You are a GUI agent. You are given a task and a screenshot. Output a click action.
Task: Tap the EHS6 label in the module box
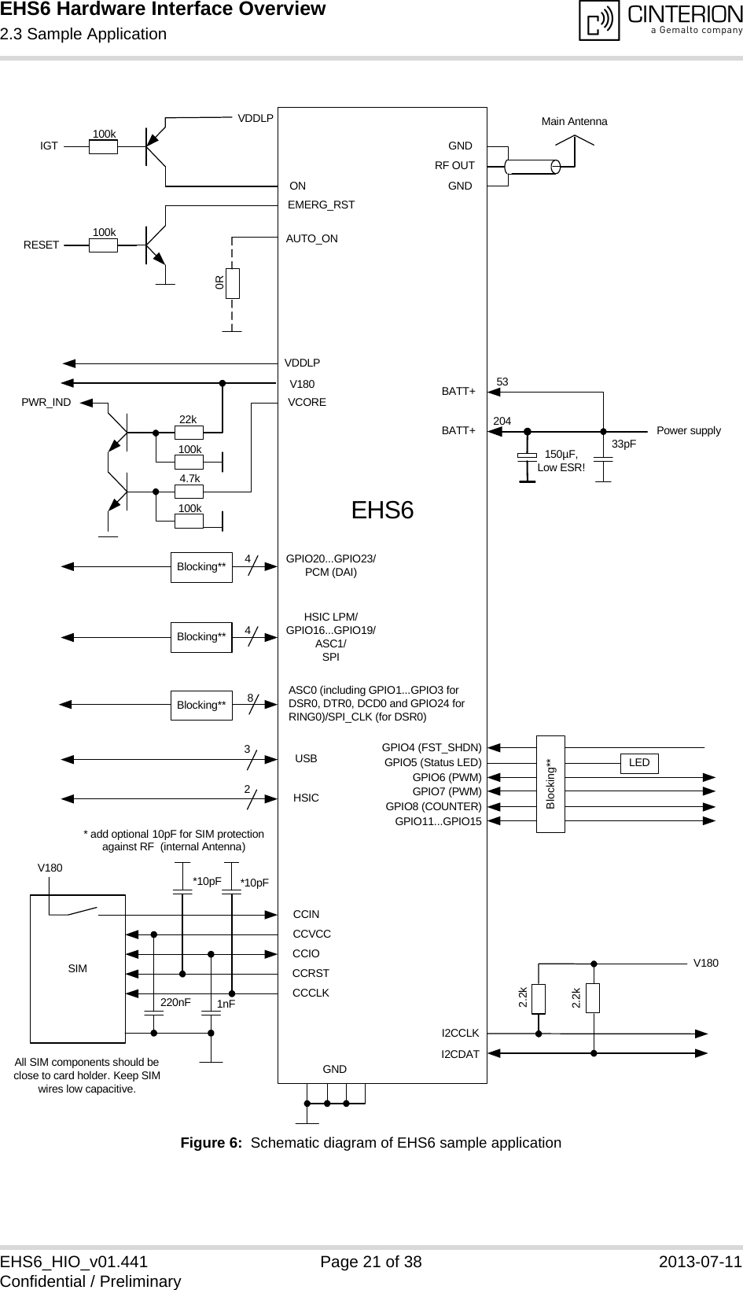[382, 510]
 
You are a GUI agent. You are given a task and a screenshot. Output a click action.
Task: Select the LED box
[639, 763]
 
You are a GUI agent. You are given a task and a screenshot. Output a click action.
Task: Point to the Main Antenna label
[575, 122]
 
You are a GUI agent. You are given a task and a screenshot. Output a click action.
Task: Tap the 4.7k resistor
[189, 491]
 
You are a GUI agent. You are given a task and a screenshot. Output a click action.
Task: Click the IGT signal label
[49, 146]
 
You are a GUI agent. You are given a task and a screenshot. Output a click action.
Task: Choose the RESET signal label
[41, 245]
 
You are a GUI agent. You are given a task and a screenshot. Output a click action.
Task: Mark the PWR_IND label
[46, 402]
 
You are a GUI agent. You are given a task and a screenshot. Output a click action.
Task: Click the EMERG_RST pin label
[322, 205]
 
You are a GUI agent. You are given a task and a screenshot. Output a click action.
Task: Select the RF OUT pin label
[454, 166]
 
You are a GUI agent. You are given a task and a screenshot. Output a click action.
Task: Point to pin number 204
[502, 422]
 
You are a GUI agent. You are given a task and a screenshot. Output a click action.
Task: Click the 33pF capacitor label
[623, 444]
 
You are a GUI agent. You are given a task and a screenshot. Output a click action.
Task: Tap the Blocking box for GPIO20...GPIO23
[201, 566]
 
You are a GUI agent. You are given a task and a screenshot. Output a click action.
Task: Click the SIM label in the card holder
[77, 969]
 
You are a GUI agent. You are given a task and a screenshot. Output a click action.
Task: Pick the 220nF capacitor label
[175, 1003]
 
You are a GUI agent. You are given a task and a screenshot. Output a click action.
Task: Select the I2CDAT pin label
[460, 1053]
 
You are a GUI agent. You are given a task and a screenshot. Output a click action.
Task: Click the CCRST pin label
[311, 973]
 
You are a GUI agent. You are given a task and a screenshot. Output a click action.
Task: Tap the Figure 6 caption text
[371, 1142]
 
